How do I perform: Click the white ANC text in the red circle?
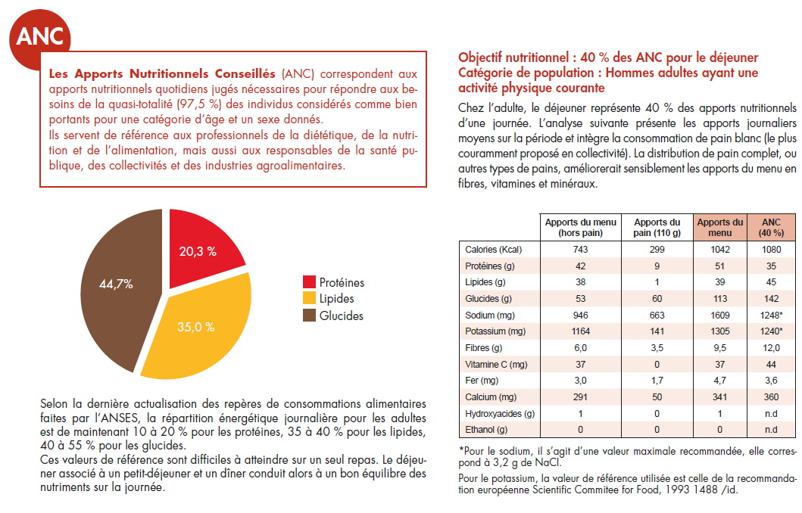40,36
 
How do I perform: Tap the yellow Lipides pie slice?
199,330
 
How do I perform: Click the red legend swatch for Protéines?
309,282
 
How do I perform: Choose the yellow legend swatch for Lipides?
309,298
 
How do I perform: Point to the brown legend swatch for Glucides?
309,316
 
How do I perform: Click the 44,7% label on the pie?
116,284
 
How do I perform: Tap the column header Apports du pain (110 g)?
657,228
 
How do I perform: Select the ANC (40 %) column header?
771,228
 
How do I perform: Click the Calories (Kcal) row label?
493,250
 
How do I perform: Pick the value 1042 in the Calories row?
719,250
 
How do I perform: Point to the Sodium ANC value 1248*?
771,316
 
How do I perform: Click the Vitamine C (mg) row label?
496,364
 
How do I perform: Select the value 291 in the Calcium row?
581,397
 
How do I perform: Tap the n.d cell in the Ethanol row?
771,430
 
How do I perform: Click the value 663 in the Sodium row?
657,316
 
